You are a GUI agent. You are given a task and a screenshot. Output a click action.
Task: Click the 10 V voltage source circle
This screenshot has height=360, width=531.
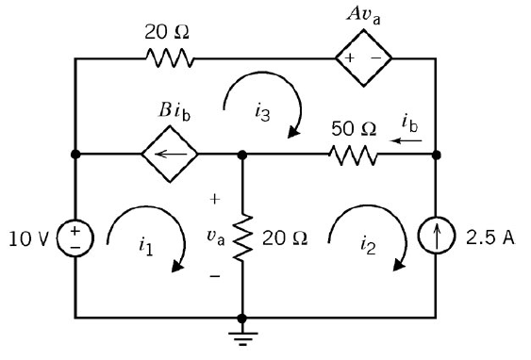click(74, 237)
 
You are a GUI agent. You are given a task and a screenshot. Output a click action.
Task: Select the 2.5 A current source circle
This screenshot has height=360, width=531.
click(436, 237)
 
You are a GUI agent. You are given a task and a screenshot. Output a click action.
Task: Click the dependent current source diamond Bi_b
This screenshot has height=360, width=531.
click(171, 154)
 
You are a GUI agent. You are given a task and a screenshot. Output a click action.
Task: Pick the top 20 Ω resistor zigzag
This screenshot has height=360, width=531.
click(171, 58)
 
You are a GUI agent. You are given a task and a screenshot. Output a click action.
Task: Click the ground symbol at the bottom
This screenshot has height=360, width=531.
click(242, 334)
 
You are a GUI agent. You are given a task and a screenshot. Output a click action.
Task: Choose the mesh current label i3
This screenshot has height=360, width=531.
click(263, 112)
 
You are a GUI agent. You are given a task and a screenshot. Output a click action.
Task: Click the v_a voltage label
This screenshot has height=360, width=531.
click(216, 237)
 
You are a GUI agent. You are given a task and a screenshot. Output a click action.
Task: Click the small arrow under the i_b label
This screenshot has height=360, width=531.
click(407, 140)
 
